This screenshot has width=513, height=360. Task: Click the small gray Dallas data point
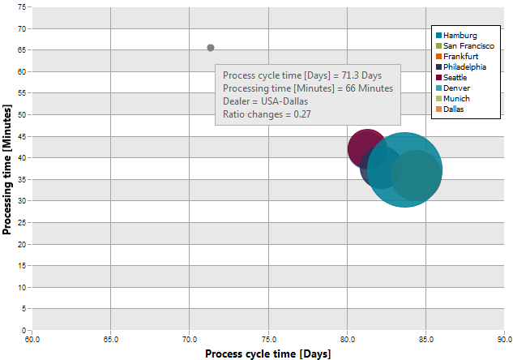tap(211, 48)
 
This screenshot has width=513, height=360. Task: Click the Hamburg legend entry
tap(456, 36)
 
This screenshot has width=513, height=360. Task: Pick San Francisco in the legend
tap(465, 46)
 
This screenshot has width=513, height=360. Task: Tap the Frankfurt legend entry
tap(457, 56)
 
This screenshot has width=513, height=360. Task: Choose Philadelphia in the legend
tap(461, 66)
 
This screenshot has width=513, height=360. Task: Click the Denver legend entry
tap(453, 88)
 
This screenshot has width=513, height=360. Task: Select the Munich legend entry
tap(453, 98)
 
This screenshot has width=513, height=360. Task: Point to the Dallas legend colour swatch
tap(438, 109)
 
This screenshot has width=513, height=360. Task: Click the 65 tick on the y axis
tap(22, 50)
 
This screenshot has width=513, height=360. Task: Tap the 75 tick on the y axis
tap(22, 6)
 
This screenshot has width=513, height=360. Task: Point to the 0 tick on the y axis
tap(24, 330)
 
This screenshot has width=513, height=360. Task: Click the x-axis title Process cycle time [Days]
tap(268, 354)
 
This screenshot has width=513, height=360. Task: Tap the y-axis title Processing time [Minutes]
tap(6, 169)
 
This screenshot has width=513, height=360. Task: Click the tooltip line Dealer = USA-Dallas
tap(265, 101)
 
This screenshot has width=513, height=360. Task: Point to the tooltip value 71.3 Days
tap(361, 75)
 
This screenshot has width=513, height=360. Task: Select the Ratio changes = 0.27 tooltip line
tap(267, 114)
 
